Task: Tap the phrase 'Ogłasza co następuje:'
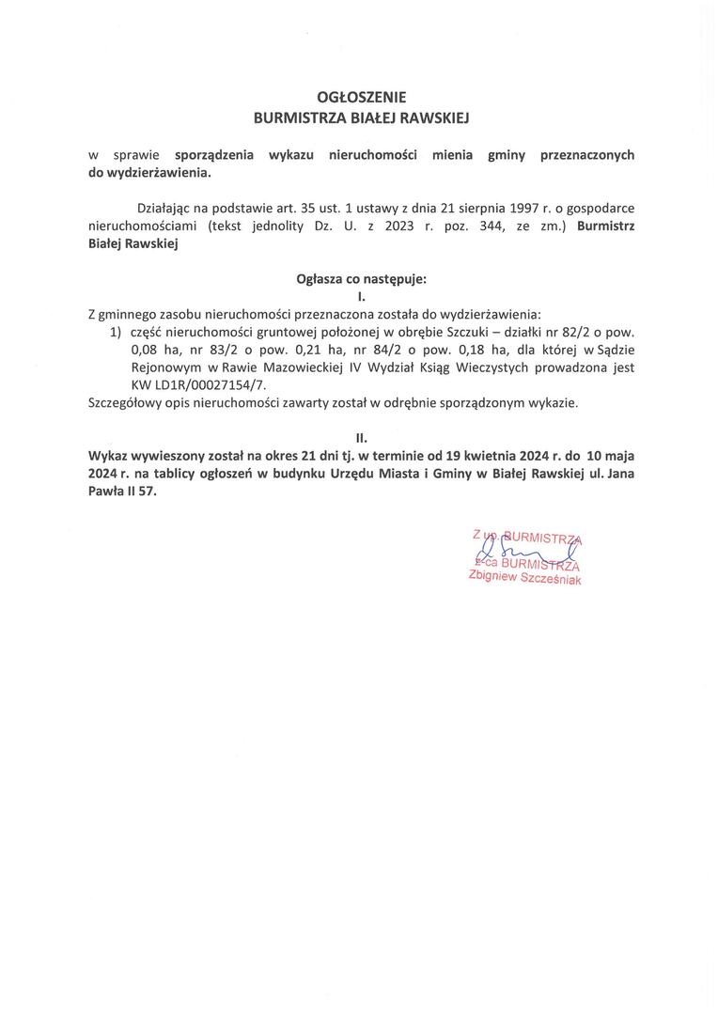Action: [362, 278]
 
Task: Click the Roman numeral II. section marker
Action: [361, 438]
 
